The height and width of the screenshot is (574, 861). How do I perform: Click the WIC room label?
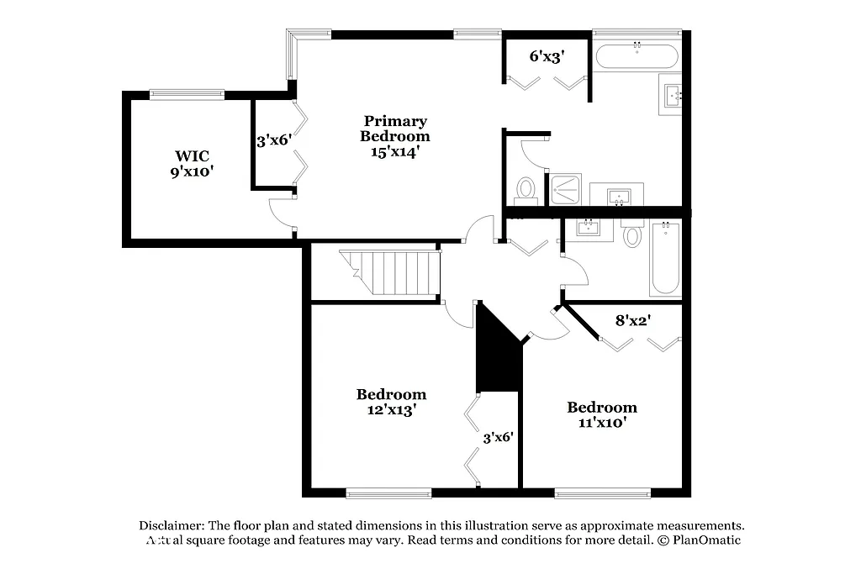coord(192,156)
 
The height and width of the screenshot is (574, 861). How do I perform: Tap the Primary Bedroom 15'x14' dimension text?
coord(394,152)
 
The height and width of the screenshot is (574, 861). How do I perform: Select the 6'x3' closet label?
coord(546,57)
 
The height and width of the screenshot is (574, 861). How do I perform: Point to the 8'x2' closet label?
coord(634,320)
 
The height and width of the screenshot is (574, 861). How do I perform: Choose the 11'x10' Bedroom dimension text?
coord(601,423)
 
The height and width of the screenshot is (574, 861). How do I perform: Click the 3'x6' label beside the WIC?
coord(273,140)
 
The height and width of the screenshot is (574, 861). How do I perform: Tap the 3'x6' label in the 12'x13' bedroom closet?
coord(498,437)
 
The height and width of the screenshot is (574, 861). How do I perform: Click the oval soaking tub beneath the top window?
coord(637,56)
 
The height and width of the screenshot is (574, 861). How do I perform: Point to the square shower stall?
coord(566,189)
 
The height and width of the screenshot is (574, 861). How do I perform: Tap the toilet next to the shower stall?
coord(526,189)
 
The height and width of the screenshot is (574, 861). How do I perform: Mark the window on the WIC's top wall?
coord(186,95)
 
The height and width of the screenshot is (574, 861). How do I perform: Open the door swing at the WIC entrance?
coord(281,214)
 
